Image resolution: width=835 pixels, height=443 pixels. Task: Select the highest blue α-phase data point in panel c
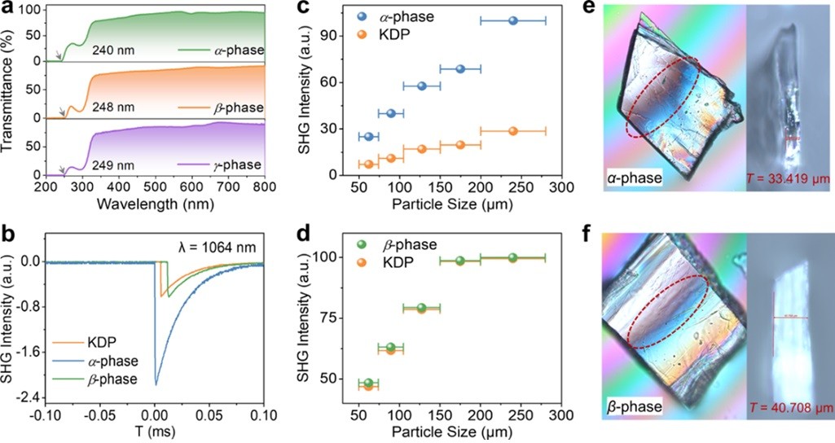click(512, 20)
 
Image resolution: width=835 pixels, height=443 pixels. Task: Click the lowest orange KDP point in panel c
click(368, 164)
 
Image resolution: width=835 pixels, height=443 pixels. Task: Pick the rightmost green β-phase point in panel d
click(512, 257)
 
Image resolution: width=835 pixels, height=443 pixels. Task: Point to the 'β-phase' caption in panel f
click(639, 403)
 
